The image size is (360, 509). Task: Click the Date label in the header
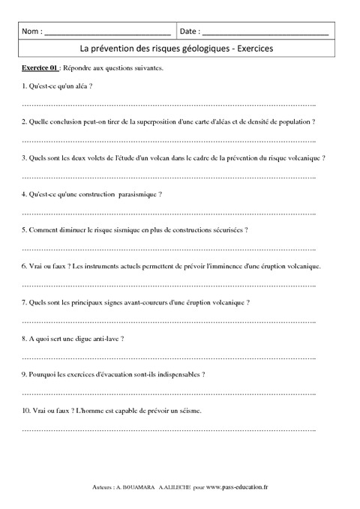(x=190, y=32)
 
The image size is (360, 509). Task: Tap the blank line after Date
(x=265, y=34)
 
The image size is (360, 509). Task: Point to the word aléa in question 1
(x=79, y=88)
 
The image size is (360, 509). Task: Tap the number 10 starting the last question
(x=26, y=411)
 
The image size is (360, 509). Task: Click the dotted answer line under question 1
(x=169, y=103)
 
